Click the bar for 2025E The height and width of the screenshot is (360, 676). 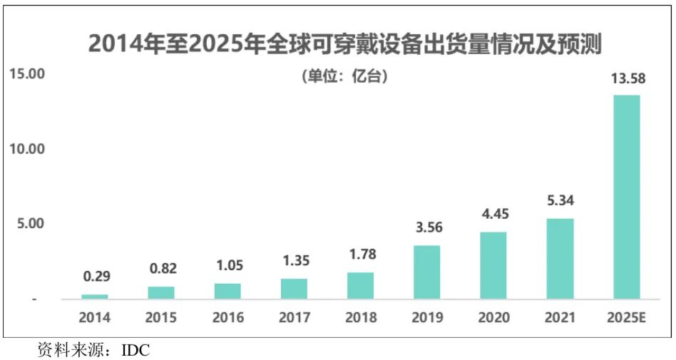click(x=626, y=197)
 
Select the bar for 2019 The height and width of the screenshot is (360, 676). click(x=427, y=272)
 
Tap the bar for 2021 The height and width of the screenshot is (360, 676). click(x=560, y=258)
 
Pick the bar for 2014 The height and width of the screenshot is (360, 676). click(x=95, y=296)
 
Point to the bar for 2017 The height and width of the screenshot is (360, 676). click(x=294, y=288)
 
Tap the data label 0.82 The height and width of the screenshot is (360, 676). click(x=161, y=269)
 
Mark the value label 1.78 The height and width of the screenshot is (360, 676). click(x=360, y=254)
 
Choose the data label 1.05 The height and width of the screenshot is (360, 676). click(x=227, y=266)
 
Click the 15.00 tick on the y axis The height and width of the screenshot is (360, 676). click(x=26, y=74)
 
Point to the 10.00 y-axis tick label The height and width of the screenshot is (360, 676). click(x=26, y=149)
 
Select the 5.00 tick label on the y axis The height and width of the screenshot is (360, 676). click(x=30, y=224)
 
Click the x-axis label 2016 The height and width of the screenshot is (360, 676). click(x=227, y=318)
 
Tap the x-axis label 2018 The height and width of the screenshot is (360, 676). click(x=360, y=318)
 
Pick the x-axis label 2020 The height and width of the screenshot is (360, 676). click(x=493, y=318)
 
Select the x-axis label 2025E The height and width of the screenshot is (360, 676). click(x=626, y=318)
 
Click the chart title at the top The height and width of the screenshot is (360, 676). click(x=345, y=44)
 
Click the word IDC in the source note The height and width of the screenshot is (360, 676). click(x=135, y=350)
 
